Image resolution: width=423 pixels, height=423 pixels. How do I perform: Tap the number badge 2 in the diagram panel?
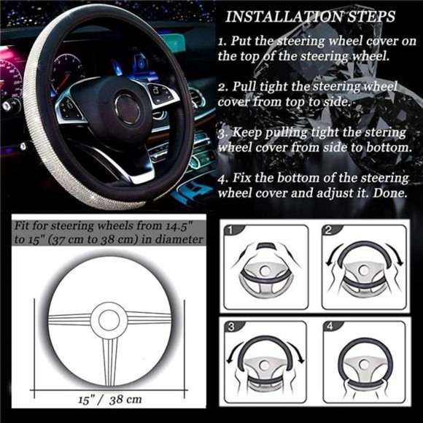click(329, 231)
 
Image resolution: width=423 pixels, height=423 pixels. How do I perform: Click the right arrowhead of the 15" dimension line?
click(184, 386)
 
